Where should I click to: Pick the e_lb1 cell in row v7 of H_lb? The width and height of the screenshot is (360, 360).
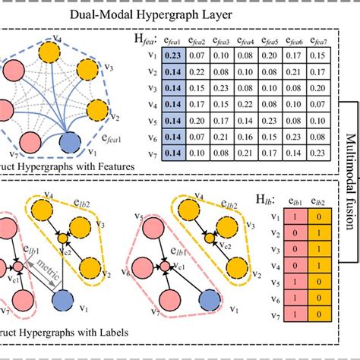(293, 311)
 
